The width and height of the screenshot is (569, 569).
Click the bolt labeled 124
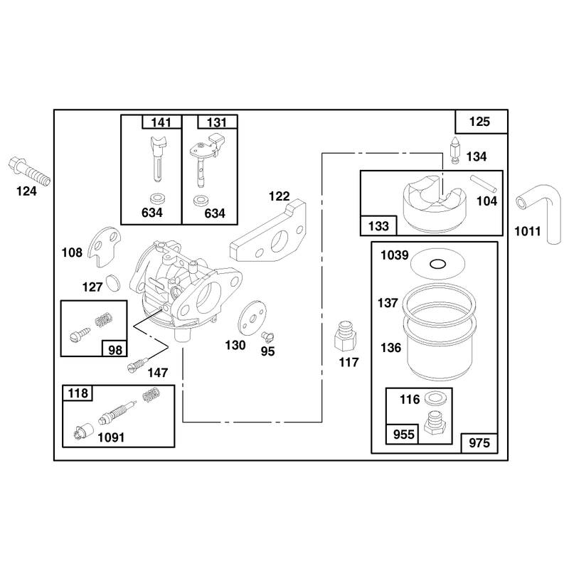pos(29,171)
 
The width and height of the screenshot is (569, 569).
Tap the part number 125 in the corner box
pos(479,122)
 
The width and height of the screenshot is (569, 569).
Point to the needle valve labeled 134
pos(455,150)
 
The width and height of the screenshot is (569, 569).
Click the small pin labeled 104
pos(484,184)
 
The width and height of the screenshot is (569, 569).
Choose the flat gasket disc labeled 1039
pos(437,264)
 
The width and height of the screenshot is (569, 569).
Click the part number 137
pos(388,303)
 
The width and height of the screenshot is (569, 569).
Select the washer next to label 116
pos(433,398)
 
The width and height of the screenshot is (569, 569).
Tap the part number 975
pos(479,442)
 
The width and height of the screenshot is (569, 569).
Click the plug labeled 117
pos(345,336)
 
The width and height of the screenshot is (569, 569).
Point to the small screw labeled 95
pos(268,336)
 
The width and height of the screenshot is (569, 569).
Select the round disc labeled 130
pos(252,317)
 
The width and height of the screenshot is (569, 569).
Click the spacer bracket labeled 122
pos(269,233)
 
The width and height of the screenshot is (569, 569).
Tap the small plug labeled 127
pos(112,282)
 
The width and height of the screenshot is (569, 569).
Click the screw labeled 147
pos(138,364)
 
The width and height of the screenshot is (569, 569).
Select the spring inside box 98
pos(103,319)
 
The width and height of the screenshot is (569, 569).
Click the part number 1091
pos(111,437)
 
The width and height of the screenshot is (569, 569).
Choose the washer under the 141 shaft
pos(157,198)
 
